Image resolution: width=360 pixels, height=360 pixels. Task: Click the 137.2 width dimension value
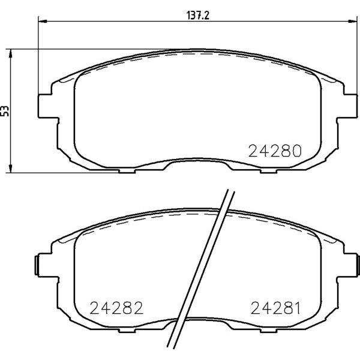click(x=197, y=16)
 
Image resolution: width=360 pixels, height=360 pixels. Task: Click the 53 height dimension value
click(x=5, y=111)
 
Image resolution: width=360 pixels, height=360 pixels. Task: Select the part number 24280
click(x=275, y=151)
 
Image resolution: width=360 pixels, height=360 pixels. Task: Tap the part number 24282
click(x=116, y=308)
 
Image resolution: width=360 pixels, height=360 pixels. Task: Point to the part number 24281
click(x=275, y=308)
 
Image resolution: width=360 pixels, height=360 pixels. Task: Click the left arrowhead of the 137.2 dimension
click(x=43, y=22)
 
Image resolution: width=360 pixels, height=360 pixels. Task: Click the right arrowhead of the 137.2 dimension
click(x=353, y=22)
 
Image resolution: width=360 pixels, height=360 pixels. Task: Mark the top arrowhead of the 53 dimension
click(x=10, y=53)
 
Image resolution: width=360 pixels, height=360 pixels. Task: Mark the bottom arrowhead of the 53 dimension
click(x=10, y=168)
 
